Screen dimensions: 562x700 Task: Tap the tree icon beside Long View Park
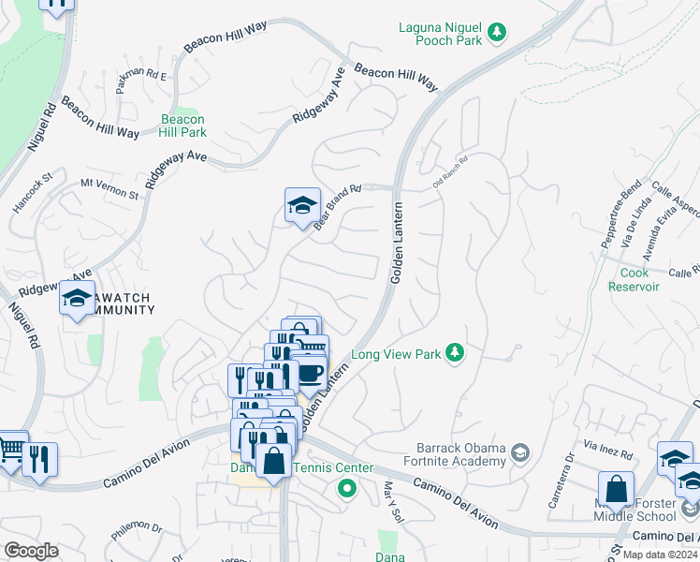455,352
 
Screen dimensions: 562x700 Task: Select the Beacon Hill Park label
182,126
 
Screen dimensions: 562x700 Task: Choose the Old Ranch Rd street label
449,177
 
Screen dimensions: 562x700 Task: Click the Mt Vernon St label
109,188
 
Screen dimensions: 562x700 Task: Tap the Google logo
31,550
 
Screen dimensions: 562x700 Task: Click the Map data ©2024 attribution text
660,555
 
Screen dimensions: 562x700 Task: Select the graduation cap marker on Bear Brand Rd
302,205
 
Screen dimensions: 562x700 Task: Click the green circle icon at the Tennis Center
346,487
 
